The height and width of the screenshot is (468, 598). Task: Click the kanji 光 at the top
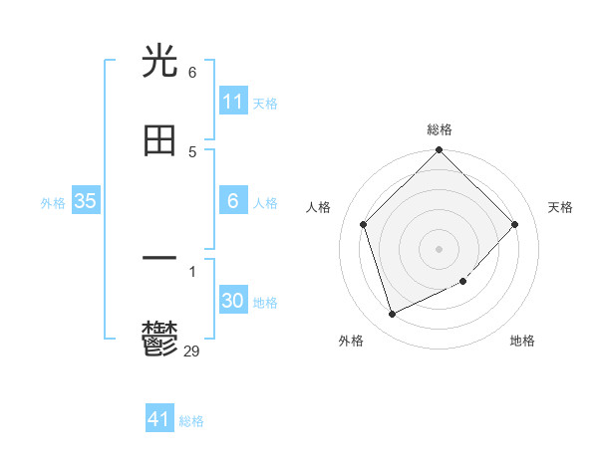(x=159, y=62)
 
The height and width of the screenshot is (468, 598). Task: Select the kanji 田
(x=159, y=140)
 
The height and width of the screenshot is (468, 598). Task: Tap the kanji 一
(x=159, y=258)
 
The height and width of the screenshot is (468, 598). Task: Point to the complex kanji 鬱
(x=159, y=339)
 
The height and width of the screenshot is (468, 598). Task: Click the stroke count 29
(x=192, y=350)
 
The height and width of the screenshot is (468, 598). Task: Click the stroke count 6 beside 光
(x=192, y=73)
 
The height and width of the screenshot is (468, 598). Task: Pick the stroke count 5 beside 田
(x=192, y=151)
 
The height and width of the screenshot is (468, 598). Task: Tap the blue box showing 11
(x=233, y=102)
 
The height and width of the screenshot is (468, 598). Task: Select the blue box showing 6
(x=233, y=201)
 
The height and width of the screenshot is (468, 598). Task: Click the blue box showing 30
(x=233, y=302)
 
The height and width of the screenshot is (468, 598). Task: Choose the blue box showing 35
(x=86, y=201)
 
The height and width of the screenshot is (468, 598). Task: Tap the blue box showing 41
(x=159, y=419)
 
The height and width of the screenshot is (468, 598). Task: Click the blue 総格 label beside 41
(x=192, y=421)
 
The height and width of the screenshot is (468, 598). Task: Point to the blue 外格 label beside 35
(x=53, y=203)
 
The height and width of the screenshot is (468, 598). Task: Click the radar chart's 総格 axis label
(x=440, y=129)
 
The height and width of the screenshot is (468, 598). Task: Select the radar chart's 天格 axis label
(x=560, y=207)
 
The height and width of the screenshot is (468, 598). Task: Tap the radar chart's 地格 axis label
(x=522, y=341)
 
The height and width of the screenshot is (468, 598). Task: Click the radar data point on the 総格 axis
(x=440, y=151)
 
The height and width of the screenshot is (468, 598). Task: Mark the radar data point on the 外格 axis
(x=392, y=315)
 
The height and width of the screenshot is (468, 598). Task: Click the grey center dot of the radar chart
(x=440, y=248)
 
